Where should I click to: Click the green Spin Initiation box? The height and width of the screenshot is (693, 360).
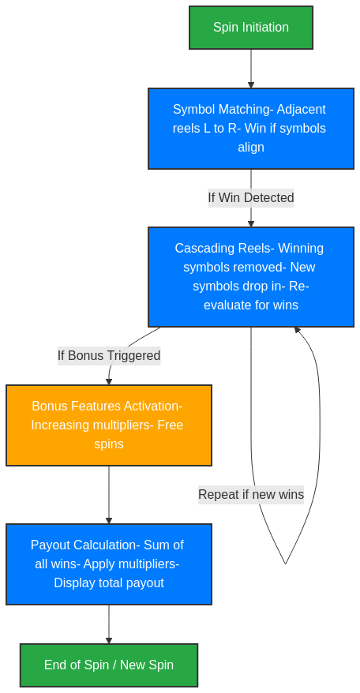click(x=251, y=28)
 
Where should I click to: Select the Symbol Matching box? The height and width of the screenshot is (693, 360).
click(x=251, y=128)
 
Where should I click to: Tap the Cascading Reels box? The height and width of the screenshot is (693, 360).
click(x=251, y=276)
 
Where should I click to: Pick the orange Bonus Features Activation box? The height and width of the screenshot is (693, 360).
click(x=109, y=425)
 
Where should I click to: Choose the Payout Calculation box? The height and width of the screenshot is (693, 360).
click(x=109, y=564)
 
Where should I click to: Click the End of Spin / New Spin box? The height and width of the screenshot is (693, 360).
click(x=109, y=665)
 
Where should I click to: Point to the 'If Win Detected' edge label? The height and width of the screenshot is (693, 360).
click(x=251, y=197)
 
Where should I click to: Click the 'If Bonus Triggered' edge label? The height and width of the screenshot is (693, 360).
click(x=109, y=355)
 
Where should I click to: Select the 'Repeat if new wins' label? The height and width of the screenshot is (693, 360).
click(x=251, y=494)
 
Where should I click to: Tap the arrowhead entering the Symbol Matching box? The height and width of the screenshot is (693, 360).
click(x=251, y=84)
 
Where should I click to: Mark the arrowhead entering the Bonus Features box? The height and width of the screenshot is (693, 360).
click(x=109, y=381)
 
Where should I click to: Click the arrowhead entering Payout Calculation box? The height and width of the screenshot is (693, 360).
click(x=109, y=520)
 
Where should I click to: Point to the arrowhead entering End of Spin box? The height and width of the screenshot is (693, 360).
click(x=109, y=640)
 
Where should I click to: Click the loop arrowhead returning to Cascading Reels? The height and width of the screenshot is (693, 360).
click(x=297, y=331)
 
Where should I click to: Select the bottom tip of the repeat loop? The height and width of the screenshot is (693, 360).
click(x=285, y=564)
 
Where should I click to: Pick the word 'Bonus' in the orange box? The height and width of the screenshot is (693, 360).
click(x=49, y=406)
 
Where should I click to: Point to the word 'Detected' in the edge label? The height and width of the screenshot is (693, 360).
click(x=268, y=197)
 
